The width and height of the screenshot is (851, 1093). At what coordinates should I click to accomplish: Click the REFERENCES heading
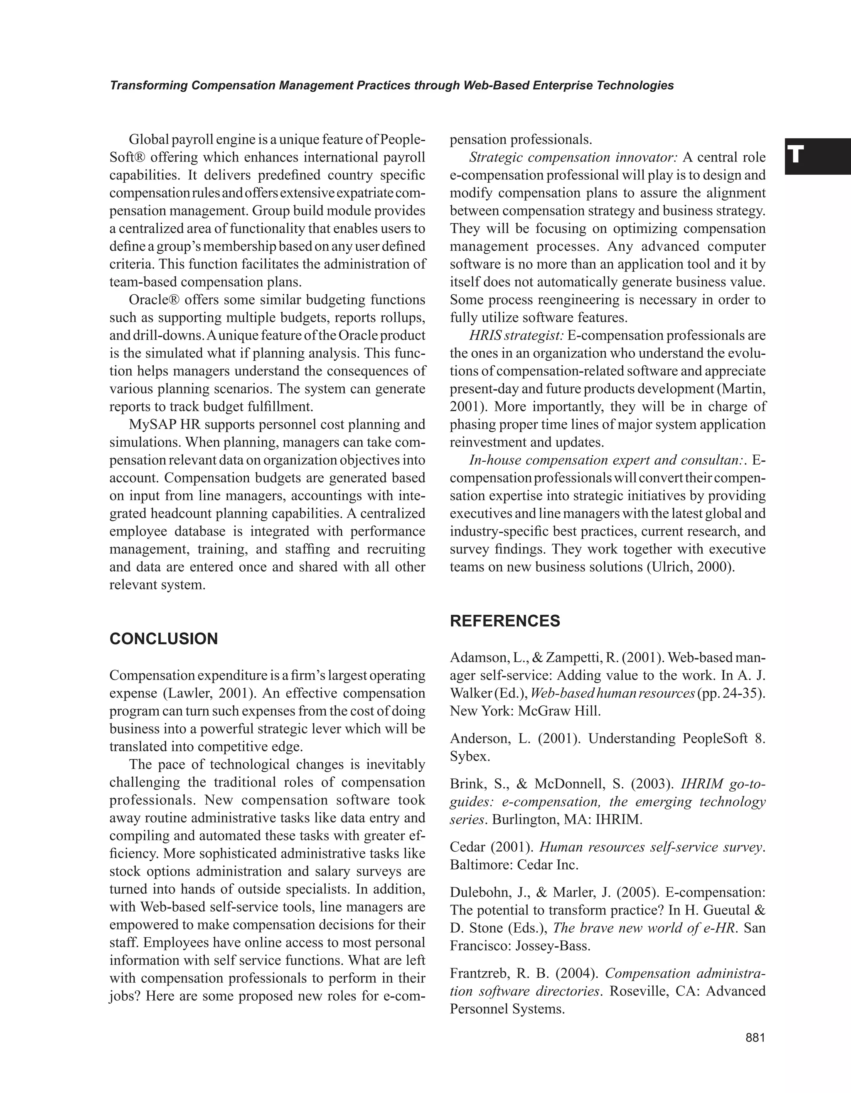point(505,621)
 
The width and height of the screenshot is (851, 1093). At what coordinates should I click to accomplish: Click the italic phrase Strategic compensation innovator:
point(573,158)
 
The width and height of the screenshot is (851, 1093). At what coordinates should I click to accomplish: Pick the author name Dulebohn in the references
point(476,892)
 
